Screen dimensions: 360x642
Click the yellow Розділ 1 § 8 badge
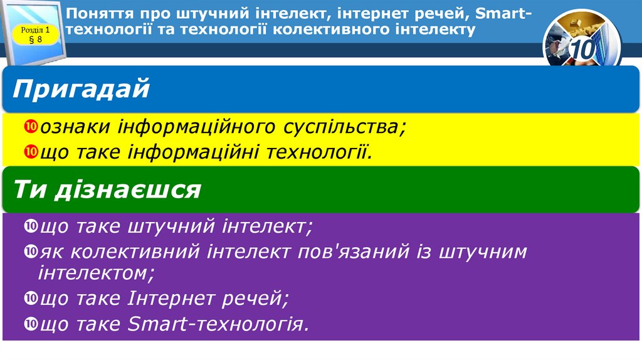(35, 34)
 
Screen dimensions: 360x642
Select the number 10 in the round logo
(583, 50)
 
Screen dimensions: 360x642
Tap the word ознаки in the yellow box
(76, 127)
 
